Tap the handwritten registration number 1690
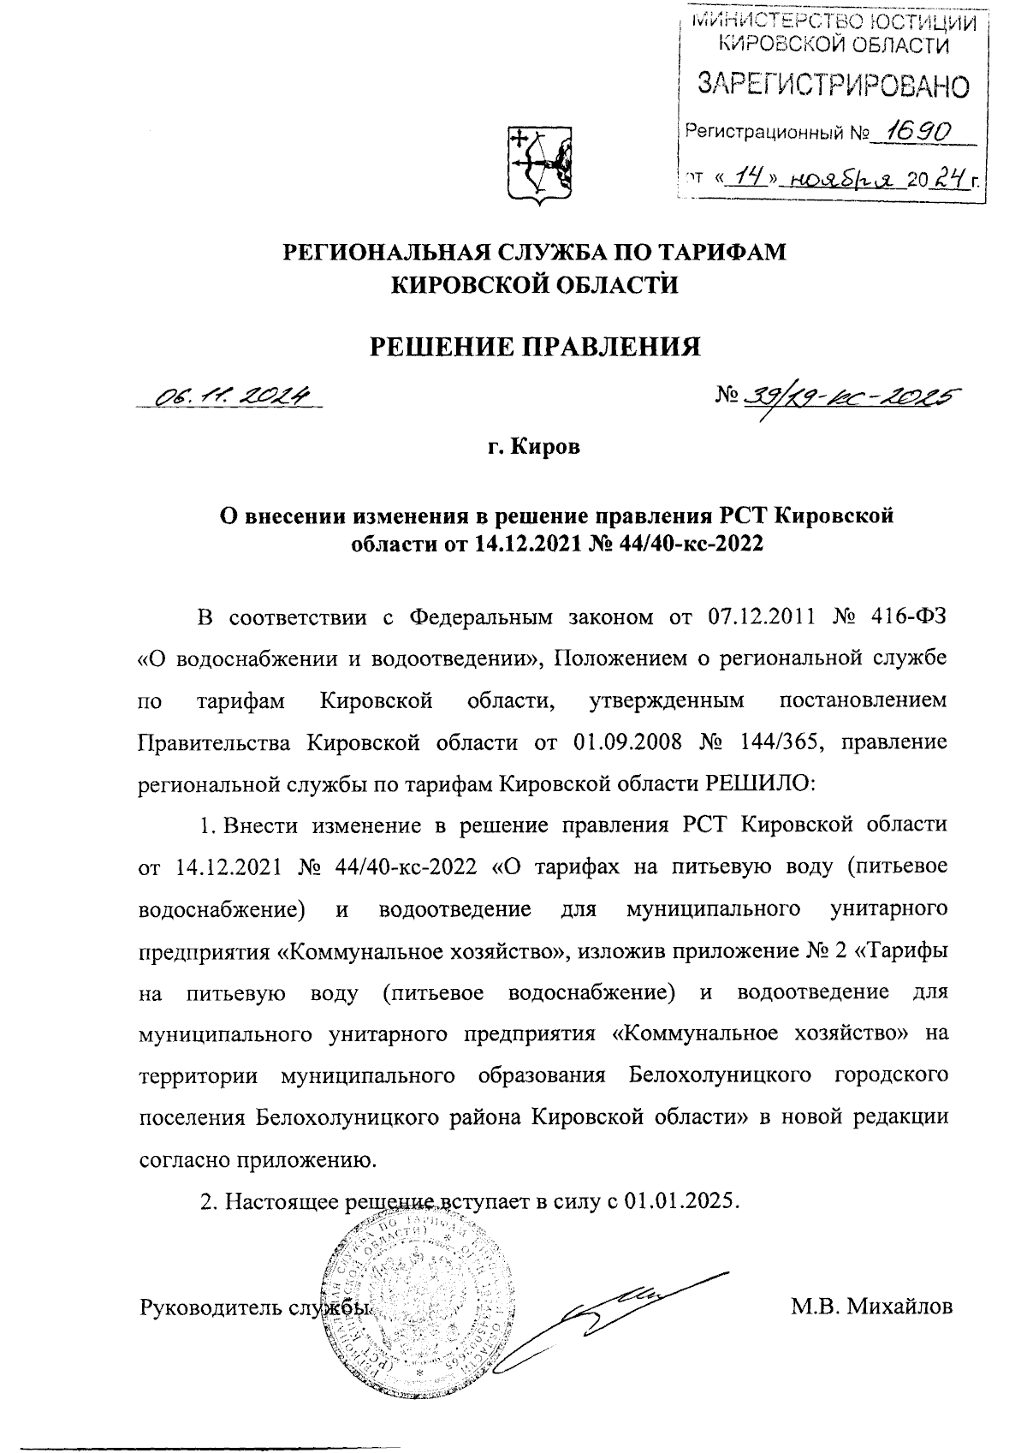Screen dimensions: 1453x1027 (919, 131)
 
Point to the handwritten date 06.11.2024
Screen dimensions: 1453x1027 (232, 396)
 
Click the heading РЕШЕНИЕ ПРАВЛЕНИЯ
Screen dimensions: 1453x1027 (534, 346)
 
